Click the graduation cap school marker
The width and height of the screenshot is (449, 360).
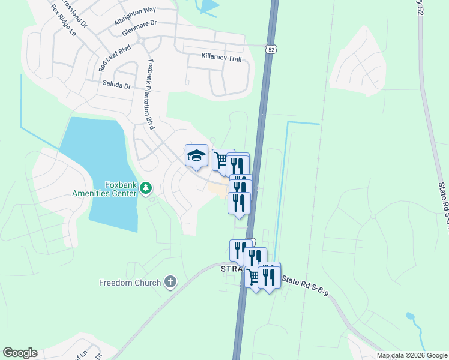[x=196, y=157]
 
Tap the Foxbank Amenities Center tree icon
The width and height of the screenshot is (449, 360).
[x=146, y=190]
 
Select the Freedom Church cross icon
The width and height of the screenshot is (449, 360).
[x=170, y=282]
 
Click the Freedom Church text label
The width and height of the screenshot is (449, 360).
[x=130, y=283]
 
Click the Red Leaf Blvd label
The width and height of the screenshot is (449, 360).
[x=114, y=58]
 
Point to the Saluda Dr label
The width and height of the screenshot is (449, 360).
[x=116, y=85]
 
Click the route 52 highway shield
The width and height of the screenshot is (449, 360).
[x=271, y=50]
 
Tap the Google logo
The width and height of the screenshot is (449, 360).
[x=20, y=353]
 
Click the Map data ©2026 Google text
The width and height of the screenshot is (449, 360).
[x=411, y=355]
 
